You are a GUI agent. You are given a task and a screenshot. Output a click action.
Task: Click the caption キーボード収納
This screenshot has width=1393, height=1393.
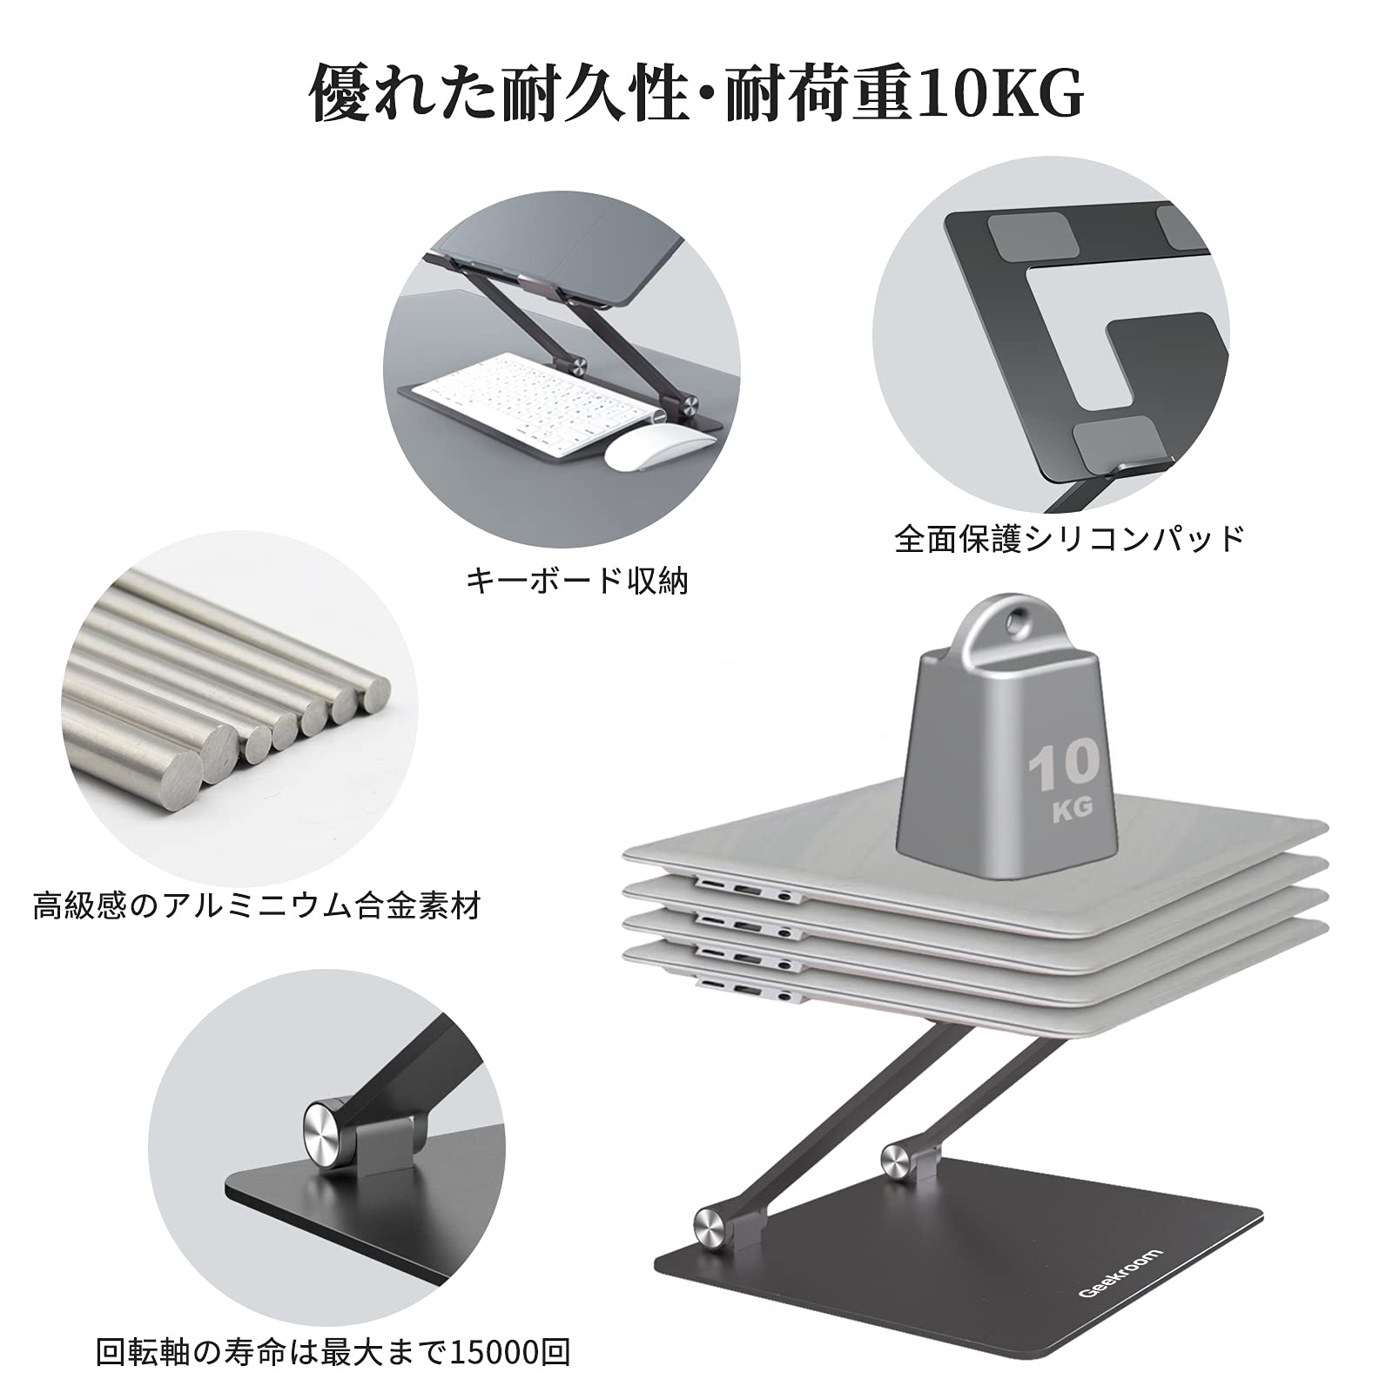pos(576,581)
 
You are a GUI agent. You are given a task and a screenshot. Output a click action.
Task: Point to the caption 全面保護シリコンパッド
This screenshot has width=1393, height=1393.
pos(1069,539)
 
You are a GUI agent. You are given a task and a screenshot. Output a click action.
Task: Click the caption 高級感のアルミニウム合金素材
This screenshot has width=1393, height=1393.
pos(257,906)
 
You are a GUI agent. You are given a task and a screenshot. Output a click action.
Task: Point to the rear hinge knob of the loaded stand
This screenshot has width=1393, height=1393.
pos(896,1155)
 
